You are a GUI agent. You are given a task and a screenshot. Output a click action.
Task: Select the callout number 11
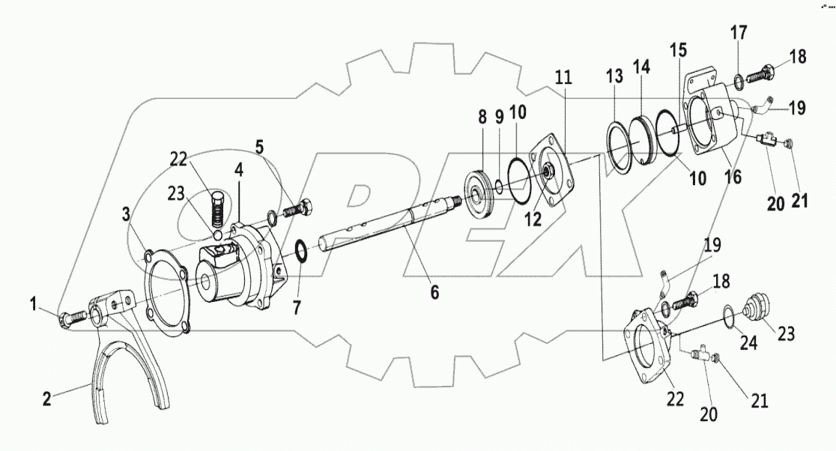(563, 76)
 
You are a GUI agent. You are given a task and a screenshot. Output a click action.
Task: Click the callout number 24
(749, 342)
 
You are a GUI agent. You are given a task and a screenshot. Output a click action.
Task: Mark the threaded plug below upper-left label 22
(217, 208)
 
